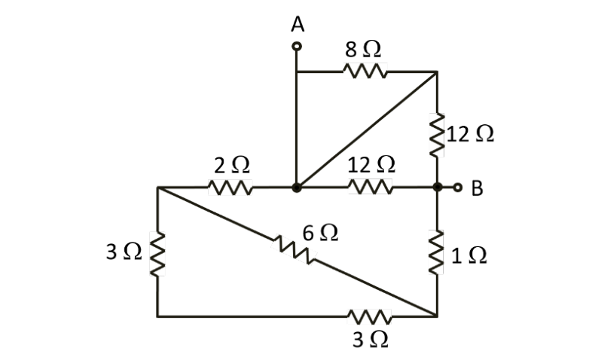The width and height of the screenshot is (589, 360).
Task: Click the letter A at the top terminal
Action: tap(298, 24)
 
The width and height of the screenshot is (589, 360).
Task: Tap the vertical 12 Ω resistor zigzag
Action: tap(437, 134)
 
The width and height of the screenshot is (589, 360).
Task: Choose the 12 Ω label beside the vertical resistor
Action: tap(471, 134)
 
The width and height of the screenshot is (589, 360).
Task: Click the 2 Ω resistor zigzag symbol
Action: tap(228, 187)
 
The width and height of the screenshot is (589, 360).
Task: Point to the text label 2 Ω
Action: tap(230, 164)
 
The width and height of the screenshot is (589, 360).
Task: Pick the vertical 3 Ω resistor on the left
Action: tap(157, 253)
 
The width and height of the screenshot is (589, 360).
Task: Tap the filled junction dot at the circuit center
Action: tap(298, 187)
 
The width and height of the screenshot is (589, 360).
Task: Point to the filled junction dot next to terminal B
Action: tap(437, 187)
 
